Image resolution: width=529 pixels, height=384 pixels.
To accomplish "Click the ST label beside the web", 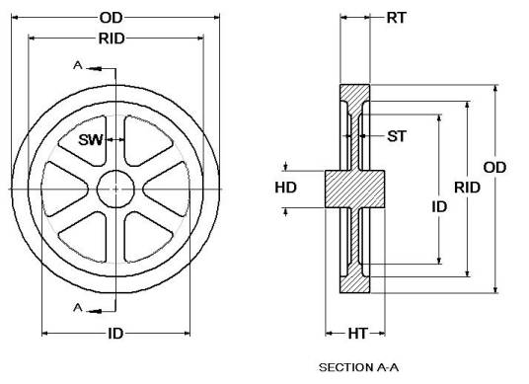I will [x=397, y=135].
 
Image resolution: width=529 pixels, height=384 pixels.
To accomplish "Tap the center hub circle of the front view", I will [x=116, y=188].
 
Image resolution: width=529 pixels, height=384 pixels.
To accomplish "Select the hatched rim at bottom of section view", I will [x=355, y=280].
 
